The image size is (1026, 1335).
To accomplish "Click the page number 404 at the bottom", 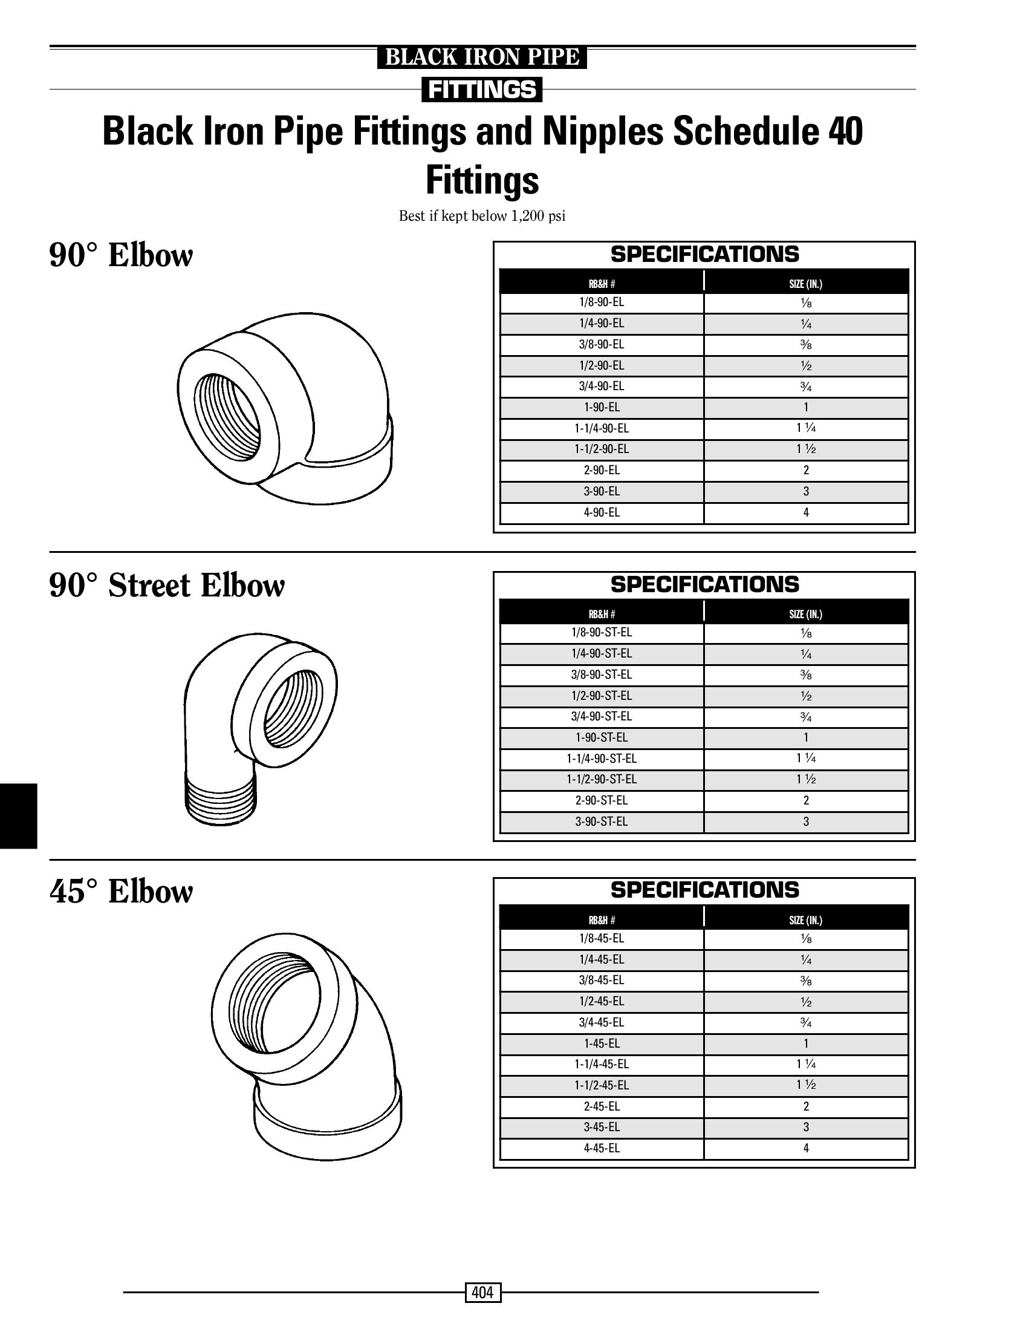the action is [482, 1291].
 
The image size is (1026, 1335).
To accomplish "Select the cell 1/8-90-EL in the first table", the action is [602, 302].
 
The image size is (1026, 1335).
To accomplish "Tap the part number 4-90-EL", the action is [602, 512].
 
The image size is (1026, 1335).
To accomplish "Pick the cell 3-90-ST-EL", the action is [602, 822].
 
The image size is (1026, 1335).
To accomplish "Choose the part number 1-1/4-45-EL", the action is [602, 1065].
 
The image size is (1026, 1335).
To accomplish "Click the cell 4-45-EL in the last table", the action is [602, 1148].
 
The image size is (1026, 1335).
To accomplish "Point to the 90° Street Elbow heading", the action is [167, 586].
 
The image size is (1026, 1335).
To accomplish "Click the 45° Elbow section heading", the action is [121, 892].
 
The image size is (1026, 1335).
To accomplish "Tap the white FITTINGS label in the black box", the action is [482, 90].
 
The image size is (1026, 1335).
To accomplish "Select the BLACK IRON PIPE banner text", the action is [482, 57].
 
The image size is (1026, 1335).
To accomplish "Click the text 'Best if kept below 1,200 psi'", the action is [482, 217].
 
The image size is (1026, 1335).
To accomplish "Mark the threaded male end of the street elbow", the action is [221, 798].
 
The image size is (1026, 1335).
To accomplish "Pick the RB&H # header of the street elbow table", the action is [602, 615].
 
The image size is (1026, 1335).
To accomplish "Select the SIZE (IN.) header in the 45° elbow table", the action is [805, 920].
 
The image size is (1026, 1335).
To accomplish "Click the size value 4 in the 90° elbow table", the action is [806, 512].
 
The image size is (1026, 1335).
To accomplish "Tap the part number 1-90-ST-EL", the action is [602, 738].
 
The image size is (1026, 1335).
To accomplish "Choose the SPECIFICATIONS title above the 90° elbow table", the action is [705, 254].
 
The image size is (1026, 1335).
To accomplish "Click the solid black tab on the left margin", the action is [18, 816].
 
